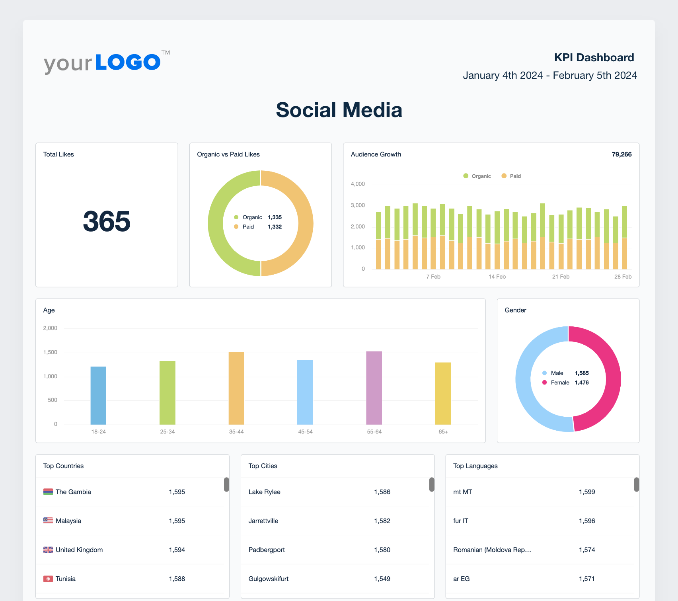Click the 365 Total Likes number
107,221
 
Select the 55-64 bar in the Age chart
374,388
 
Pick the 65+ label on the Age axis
443,432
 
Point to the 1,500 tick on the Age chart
50,352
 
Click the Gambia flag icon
48,492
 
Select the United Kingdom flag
48,550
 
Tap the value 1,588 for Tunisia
177,579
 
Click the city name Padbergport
267,550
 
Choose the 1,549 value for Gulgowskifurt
382,579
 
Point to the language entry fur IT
461,521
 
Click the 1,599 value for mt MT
587,492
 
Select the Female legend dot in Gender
545,382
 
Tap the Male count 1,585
582,373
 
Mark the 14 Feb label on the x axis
497,277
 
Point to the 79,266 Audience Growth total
621,154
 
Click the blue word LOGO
128,62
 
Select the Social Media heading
339,110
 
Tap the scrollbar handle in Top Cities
432,484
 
